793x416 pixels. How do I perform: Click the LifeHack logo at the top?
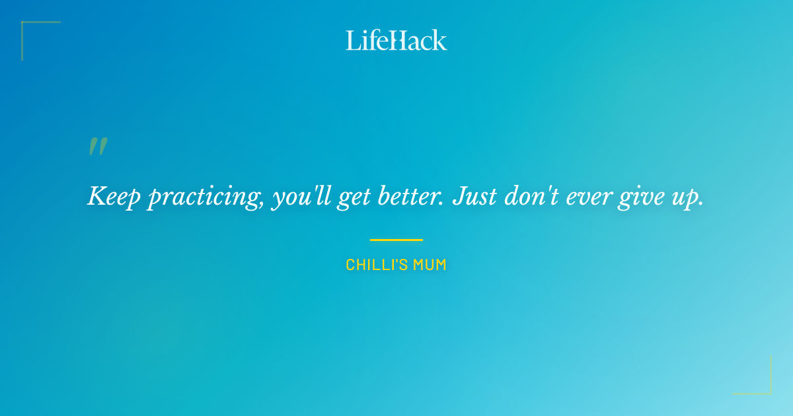(396, 40)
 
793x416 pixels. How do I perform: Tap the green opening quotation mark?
(98, 147)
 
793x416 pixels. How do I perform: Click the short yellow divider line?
(396, 240)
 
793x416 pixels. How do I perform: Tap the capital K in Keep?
(96, 195)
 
